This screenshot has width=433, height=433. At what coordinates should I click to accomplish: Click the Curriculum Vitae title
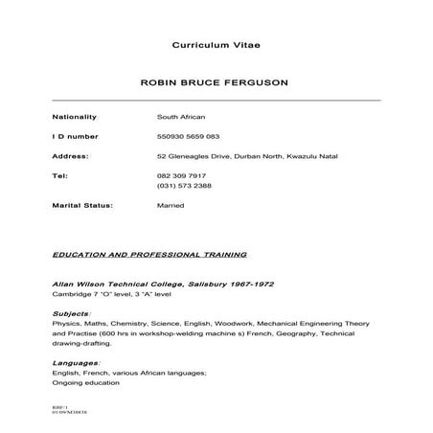[x=216, y=45]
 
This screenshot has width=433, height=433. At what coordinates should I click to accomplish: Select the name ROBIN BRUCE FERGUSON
[x=216, y=83]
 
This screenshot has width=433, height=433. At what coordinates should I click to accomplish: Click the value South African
[x=180, y=117]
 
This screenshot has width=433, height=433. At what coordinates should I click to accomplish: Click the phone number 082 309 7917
[x=181, y=176]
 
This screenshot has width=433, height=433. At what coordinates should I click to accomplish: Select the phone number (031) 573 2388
[x=184, y=186]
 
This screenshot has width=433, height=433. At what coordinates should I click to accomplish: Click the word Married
[x=171, y=205]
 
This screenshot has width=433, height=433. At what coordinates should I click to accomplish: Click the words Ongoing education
[x=85, y=382]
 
